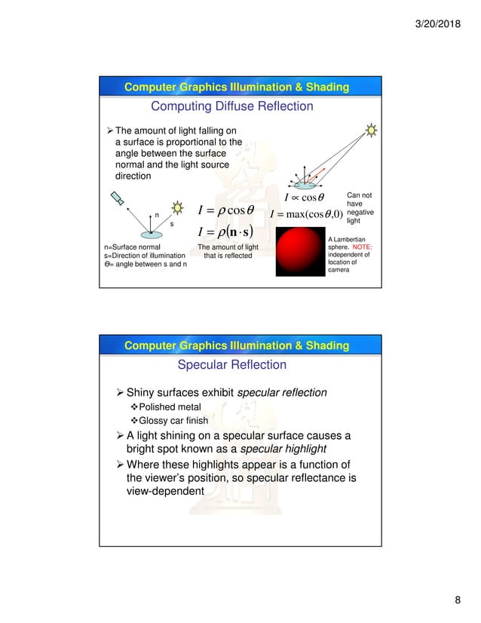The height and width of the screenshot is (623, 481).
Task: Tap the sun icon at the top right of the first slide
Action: [x=371, y=130]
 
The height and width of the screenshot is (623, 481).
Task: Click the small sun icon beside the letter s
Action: [x=178, y=207]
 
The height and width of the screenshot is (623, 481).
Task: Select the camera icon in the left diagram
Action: [x=119, y=198]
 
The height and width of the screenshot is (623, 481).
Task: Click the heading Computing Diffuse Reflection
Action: [x=232, y=106]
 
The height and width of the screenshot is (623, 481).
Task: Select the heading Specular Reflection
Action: [x=231, y=365]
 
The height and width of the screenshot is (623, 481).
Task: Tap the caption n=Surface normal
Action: [x=131, y=247]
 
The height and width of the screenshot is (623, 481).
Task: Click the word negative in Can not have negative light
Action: [x=360, y=212]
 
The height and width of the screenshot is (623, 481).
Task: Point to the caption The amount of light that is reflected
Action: [x=227, y=251]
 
